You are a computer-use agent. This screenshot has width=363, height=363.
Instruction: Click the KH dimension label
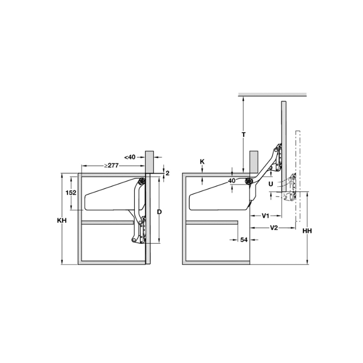pos(62,220)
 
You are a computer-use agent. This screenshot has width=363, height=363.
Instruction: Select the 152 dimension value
pos(71,192)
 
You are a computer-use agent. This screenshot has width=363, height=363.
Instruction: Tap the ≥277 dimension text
pos(111,165)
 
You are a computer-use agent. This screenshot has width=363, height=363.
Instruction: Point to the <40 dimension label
pos(130,157)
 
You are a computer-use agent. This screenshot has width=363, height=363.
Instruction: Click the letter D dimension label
pos(159,212)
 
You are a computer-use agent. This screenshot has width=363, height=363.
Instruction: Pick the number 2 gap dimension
pos(167,173)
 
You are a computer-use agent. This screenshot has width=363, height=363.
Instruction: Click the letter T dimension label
pos(244,134)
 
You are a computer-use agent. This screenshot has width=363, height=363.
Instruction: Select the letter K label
pos(202,162)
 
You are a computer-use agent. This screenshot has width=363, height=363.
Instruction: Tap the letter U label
pos(271,184)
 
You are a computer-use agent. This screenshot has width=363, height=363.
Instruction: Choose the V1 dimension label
pos(266,216)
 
